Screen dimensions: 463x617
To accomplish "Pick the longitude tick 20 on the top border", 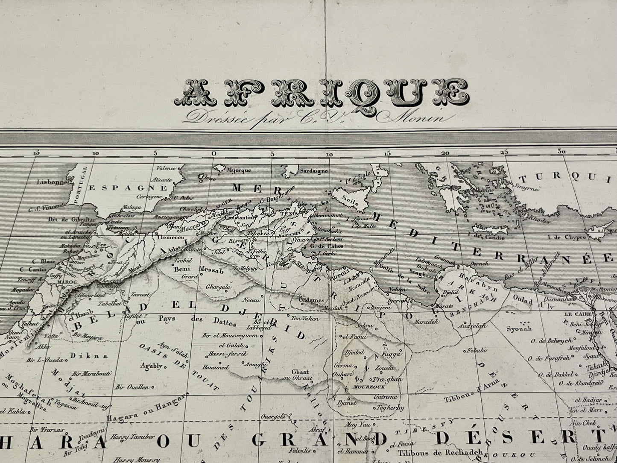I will pos(446,153).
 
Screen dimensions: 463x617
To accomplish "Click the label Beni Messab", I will pos(191,270).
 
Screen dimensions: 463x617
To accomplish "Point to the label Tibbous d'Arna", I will pos(466,400).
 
